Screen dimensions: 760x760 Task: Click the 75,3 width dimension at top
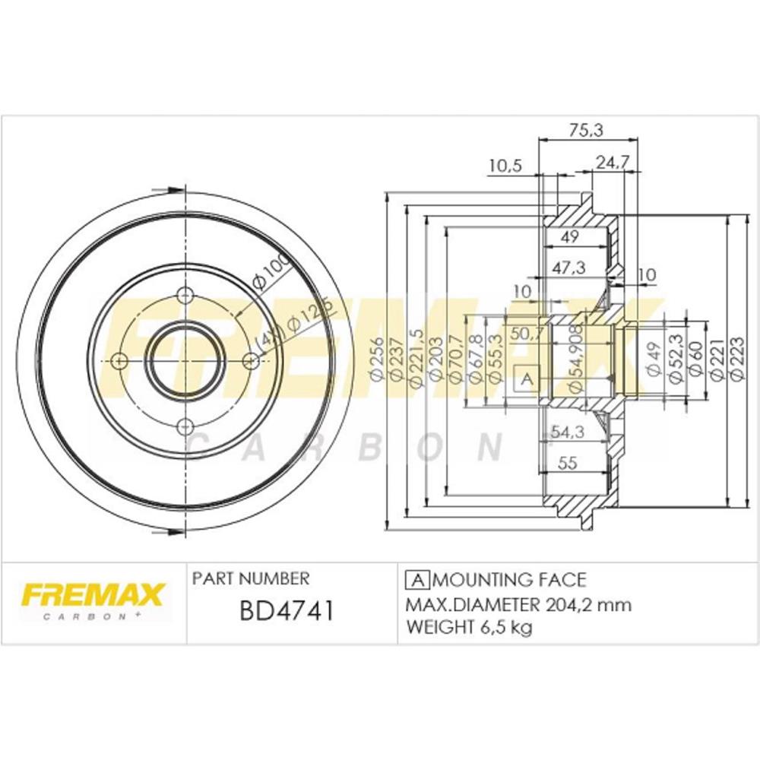(x=585, y=131)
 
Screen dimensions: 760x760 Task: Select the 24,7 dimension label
(x=612, y=163)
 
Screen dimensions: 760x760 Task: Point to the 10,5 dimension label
(x=505, y=166)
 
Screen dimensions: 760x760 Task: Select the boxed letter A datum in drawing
(x=527, y=378)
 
